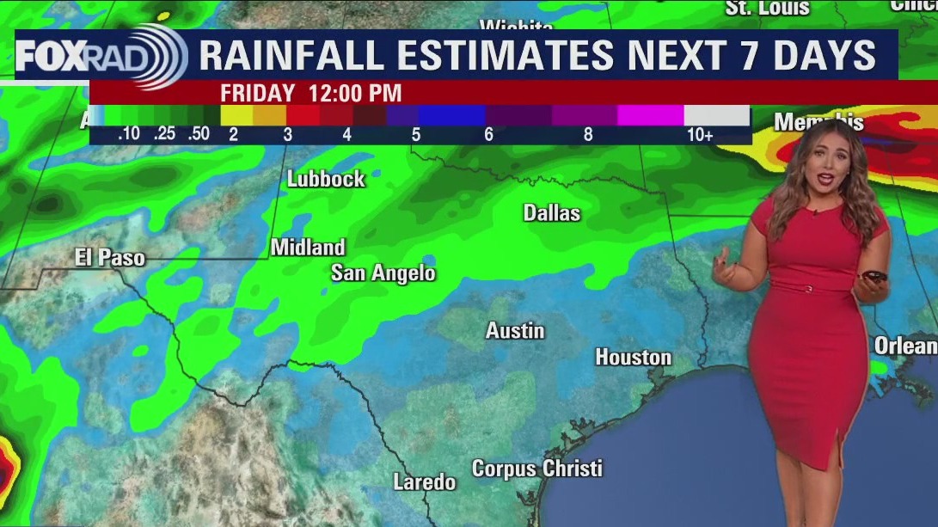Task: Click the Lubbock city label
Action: (326, 180)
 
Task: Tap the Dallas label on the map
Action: (552, 213)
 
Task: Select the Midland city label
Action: (308, 248)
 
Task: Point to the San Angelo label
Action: (383, 273)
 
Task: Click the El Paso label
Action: (110, 257)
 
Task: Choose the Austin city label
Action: (515, 330)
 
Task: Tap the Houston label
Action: (634, 357)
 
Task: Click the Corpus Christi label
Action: (537, 469)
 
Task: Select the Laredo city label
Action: (425, 482)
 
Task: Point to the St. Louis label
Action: (768, 8)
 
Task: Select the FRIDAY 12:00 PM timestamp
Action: (310, 93)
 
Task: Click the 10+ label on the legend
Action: (700, 135)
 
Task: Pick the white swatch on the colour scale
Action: (717, 115)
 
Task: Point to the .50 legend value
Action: (199, 134)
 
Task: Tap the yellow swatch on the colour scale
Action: (236, 115)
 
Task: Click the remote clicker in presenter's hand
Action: (876, 278)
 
